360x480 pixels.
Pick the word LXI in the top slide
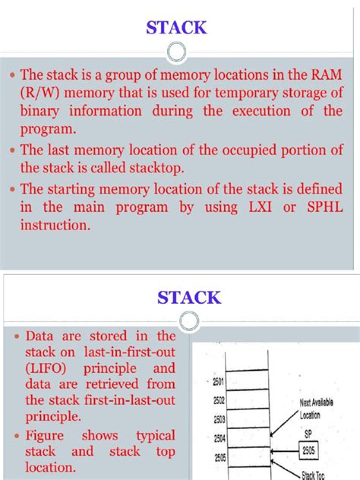[252, 207]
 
